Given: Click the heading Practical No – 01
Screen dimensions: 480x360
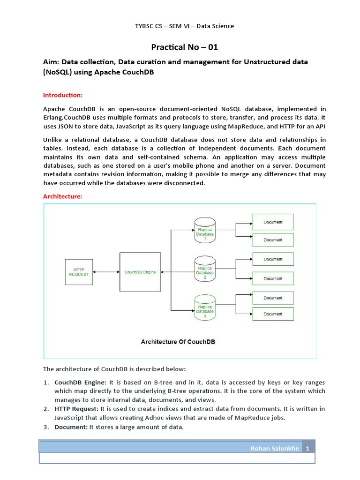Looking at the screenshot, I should coord(184,47).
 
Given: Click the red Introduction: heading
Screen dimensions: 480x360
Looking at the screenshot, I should coord(63,95).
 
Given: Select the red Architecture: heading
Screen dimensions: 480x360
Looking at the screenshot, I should coord(63,196).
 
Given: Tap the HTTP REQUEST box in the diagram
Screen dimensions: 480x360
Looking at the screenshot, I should coord(79,272).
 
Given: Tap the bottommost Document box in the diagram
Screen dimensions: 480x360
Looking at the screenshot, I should coord(273,314).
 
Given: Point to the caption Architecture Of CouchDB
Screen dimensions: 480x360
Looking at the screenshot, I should coord(178,342).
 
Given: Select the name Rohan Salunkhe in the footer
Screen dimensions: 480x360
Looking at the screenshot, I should coord(274,449).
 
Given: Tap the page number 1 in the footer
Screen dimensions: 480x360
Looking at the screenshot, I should coord(308,449).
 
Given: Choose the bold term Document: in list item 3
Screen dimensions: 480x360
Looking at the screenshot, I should coord(70,427).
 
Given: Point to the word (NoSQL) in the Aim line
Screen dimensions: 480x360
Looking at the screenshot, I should coord(59,73).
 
